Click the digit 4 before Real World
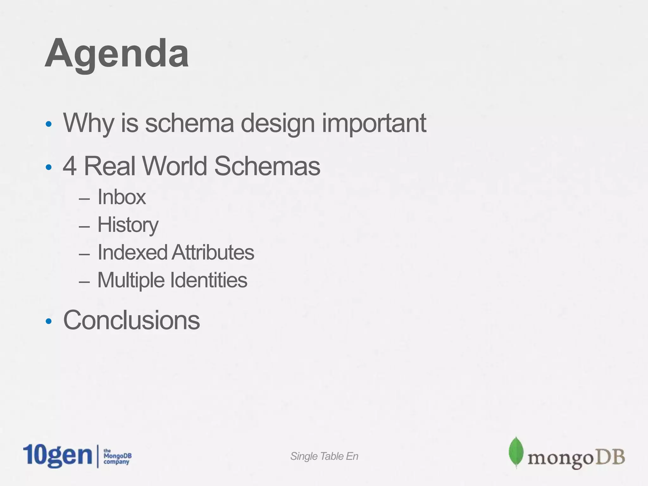coord(70,166)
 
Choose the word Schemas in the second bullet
coord(267,166)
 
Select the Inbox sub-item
coord(121,197)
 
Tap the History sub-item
coord(128,225)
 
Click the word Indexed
coord(132,252)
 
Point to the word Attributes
coord(213,252)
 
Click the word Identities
coord(209,280)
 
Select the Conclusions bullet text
coord(132,320)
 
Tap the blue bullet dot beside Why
coord(48,124)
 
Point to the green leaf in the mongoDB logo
coord(516,452)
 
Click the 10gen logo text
coord(57,456)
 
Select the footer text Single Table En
coord(324,456)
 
